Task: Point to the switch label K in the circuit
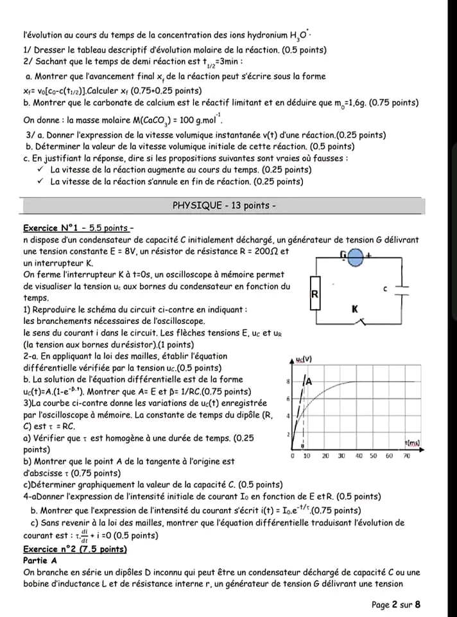pos(354,309)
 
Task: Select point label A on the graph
pos(309,381)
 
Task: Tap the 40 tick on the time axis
pos(358,456)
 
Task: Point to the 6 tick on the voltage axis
pos(289,398)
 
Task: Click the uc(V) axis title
pos(304,359)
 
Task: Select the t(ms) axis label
pos(413,443)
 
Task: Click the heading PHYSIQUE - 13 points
pos(224,206)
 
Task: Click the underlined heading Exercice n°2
pos(74,549)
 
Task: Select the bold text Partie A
pos(40,560)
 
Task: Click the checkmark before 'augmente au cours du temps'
pos(40,170)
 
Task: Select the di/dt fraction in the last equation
pos(85,536)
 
